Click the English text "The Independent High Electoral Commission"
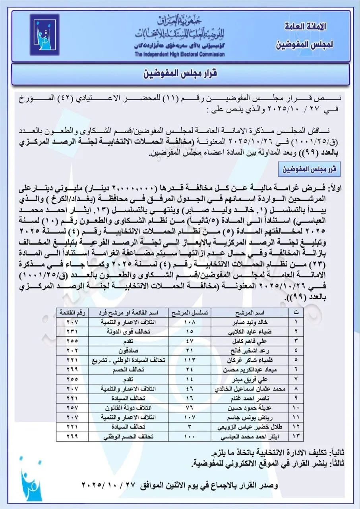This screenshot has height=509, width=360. click(179, 54)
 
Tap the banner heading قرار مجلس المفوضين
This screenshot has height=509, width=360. click(181, 74)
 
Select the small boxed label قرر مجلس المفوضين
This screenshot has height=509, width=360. click(315, 169)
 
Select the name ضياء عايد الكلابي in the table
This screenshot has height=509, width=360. click(248, 331)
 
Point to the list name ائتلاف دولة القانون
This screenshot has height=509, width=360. click(128, 408)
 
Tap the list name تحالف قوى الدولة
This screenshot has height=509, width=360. click(128, 331)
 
